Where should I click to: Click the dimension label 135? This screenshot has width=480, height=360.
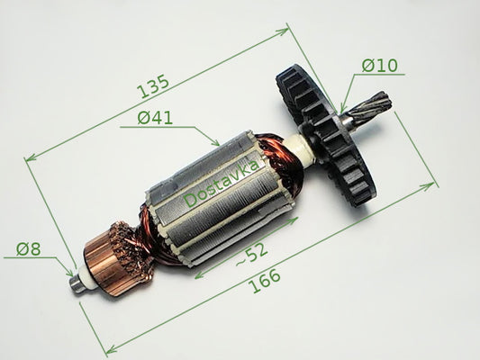point(153,86)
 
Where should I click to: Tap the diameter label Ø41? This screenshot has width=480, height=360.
point(155,118)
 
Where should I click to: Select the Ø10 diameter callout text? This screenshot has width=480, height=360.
point(380,65)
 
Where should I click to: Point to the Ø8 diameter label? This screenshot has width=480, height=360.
point(28,249)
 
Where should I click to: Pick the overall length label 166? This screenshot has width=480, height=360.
point(264,281)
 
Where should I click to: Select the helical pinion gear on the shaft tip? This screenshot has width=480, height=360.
point(376,106)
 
